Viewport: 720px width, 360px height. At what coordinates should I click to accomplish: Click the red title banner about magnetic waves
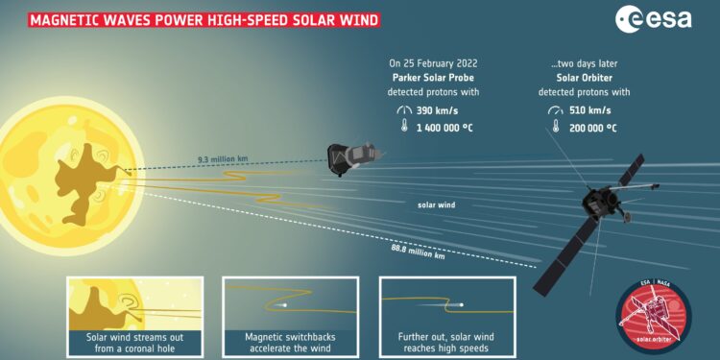(x=191, y=18)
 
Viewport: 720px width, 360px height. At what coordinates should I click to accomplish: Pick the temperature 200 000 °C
(x=590, y=128)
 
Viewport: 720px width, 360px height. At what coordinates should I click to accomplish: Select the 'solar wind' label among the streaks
(x=436, y=204)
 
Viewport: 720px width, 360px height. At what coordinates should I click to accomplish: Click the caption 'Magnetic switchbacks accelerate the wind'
(x=290, y=342)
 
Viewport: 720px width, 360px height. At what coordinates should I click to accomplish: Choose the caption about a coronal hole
(x=134, y=342)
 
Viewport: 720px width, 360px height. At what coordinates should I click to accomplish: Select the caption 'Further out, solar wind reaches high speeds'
(x=445, y=342)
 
